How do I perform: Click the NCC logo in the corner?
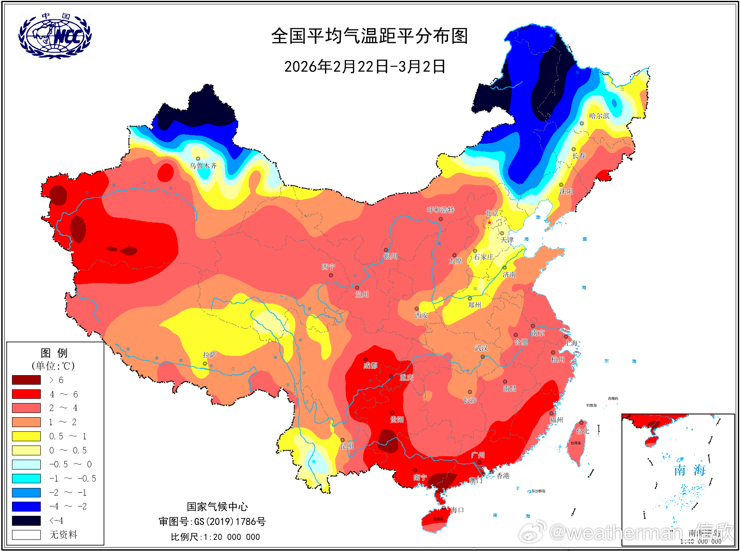(x=54, y=36)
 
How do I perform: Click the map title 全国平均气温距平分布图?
(x=369, y=36)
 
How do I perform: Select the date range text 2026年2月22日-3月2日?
(x=365, y=66)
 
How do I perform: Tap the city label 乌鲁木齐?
(x=203, y=166)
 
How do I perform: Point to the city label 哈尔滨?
(x=599, y=116)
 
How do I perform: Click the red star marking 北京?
(x=490, y=222)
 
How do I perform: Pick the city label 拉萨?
(x=209, y=355)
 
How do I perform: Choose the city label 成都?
(x=370, y=365)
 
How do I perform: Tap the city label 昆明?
(x=347, y=446)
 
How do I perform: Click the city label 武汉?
(x=481, y=348)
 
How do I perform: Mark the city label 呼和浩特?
(x=440, y=210)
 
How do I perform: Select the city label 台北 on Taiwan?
(x=583, y=431)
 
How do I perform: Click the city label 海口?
(x=457, y=510)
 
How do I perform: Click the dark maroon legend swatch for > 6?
(x=26, y=380)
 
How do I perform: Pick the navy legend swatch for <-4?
(x=26, y=521)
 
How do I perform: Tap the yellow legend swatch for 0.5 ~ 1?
(x=26, y=436)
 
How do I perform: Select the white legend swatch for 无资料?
(x=26, y=535)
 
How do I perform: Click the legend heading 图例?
(x=54, y=353)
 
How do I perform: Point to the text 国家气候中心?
(x=217, y=507)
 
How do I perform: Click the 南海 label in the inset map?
(x=689, y=470)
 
